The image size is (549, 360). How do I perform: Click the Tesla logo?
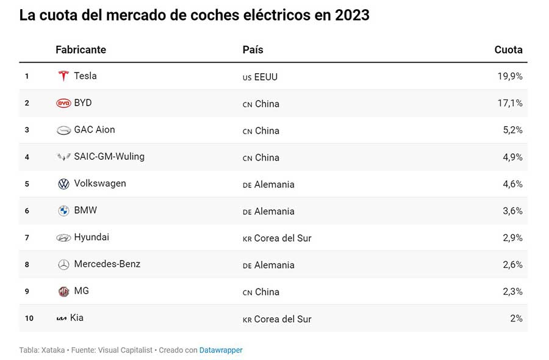click(63, 76)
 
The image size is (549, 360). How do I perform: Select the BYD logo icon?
click(63, 103)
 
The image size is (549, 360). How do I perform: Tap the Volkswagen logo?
click(63, 184)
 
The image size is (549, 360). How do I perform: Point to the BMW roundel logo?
click(63, 211)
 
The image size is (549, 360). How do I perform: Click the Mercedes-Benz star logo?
click(63, 264)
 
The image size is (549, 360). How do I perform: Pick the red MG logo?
click(63, 292)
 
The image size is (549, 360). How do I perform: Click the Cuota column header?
click(508, 49)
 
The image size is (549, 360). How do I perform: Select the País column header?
click(253, 49)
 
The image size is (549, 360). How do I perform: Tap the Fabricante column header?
click(81, 49)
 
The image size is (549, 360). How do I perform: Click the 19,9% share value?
click(510, 76)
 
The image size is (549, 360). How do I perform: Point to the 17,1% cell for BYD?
click(510, 103)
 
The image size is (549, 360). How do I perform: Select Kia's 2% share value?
click(517, 319)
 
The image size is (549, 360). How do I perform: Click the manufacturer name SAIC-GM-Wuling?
click(109, 157)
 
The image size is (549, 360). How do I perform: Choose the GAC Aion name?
click(95, 129)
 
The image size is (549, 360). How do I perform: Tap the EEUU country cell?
click(266, 77)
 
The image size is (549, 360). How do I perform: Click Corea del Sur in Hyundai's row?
click(282, 238)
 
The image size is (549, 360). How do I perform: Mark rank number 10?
click(29, 319)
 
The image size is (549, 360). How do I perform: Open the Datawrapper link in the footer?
click(221, 350)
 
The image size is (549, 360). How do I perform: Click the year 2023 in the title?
click(352, 15)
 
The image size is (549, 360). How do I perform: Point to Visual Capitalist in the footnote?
click(125, 350)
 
